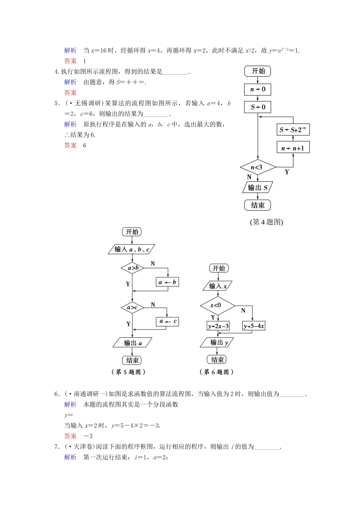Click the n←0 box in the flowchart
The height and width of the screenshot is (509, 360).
click(x=258, y=90)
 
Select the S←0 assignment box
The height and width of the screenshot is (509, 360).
click(x=258, y=107)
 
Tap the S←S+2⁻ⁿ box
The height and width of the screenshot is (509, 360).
click(x=293, y=130)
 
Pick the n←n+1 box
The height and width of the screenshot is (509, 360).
click(x=293, y=148)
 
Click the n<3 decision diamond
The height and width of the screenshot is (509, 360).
click(x=258, y=167)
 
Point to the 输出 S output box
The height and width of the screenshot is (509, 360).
click(x=258, y=187)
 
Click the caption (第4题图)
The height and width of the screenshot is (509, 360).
click(x=266, y=222)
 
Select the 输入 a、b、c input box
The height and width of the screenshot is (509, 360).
click(x=131, y=249)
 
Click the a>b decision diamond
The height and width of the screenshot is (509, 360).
click(x=132, y=268)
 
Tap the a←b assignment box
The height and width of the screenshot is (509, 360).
click(x=167, y=282)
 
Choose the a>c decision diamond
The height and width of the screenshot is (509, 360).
click(x=132, y=308)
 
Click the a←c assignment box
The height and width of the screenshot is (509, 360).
click(x=167, y=322)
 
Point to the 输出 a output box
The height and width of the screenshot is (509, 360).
click(x=132, y=343)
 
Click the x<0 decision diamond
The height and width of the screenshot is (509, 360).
click(x=217, y=305)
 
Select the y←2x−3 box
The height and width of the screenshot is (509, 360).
click(x=218, y=326)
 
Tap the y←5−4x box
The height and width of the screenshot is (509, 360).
click(x=254, y=326)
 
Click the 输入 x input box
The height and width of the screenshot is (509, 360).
click(x=218, y=286)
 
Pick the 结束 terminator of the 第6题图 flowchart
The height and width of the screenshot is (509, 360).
click(x=218, y=359)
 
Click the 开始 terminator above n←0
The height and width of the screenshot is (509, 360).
click(x=258, y=71)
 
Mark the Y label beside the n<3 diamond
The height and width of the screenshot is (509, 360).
click(x=286, y=172)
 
